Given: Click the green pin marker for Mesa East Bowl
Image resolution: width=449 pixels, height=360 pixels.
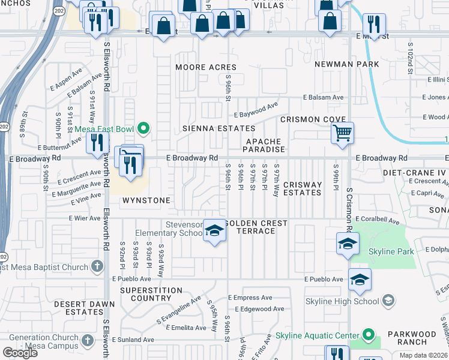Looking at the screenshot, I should pos(143,128).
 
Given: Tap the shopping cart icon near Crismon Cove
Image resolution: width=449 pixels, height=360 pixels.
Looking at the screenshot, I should pos(342,133).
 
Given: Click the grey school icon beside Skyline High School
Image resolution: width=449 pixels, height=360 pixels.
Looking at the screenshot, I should pos(388,301).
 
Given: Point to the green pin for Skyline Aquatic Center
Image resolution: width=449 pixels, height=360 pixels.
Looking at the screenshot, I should pos(368,335).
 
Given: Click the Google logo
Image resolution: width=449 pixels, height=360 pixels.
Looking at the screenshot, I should pos(20,353).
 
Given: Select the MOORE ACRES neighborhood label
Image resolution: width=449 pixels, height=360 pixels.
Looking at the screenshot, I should pos(205,67).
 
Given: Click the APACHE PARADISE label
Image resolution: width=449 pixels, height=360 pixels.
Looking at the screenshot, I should pos(264,145).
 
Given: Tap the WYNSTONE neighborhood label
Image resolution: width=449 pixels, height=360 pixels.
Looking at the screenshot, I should pos(146,199).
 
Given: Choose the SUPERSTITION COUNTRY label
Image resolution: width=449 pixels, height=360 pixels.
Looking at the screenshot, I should pos(151,294).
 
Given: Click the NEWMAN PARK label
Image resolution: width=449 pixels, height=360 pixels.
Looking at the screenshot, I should pos(346,64).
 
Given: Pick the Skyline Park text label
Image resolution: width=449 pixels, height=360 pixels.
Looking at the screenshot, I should pos(392,251).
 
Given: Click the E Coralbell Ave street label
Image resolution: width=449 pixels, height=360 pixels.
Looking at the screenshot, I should pos(378,220).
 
